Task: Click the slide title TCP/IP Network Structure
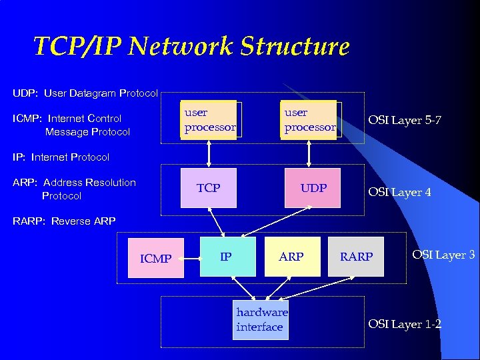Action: click(191, 47)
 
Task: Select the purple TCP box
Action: click(209, 188)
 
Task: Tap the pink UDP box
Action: click(312, 188)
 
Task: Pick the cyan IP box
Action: click(227, 256)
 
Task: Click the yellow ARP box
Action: click(292, 256)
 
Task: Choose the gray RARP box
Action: click(356, 257)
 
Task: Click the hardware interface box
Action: click(261, 320)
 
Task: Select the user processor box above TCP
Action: click(210, 120)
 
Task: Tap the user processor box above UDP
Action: click(310, 120)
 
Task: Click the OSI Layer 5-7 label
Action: click(404, 121)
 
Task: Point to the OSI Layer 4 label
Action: click(400, 192)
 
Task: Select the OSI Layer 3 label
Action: click(443, 254)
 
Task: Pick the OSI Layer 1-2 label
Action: click(405, 324)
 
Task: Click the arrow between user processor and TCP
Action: click(209, 153)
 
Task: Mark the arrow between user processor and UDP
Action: click(309, 153)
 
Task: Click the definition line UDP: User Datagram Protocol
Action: click(85, 93)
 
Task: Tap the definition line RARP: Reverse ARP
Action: click(64, 221)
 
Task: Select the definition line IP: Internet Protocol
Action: click(61, 157)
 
